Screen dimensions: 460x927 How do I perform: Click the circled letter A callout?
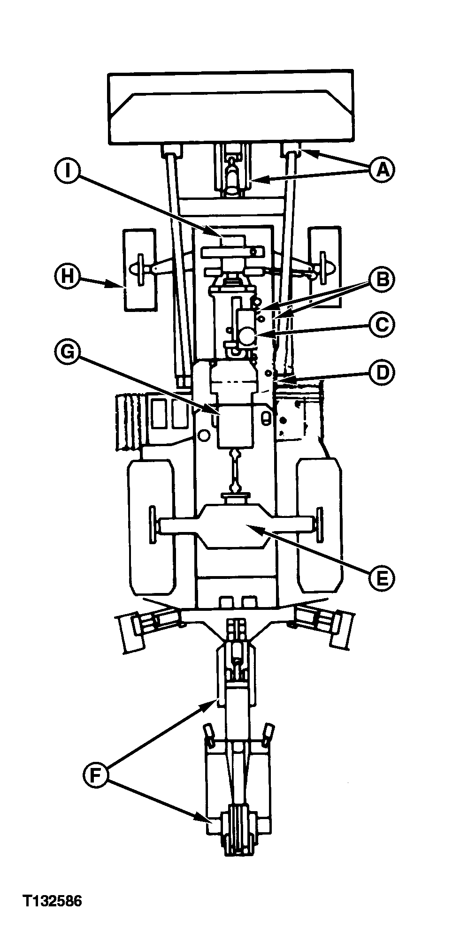pyautogui.click(x=381, y=169)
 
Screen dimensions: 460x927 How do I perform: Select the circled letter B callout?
pyautogui.click(x=381, y=280)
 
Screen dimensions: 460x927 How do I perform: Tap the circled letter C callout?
pyautogui.click(x=381, y=325)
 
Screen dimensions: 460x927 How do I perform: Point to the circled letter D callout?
pyautogui.click(x=381, y=373)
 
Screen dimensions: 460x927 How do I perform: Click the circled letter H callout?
pyautogui.click(x=67, y=276)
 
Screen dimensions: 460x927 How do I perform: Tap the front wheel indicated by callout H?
pyautogui.click(x=139, y=270)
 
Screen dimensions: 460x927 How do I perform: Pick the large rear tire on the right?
pyautogui.click(x=319, y=526)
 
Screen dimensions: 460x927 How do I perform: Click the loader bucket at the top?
pyautogui.click(x=230, y=107)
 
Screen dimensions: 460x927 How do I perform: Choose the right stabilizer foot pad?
pyautogui.click(x=338, y=631)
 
